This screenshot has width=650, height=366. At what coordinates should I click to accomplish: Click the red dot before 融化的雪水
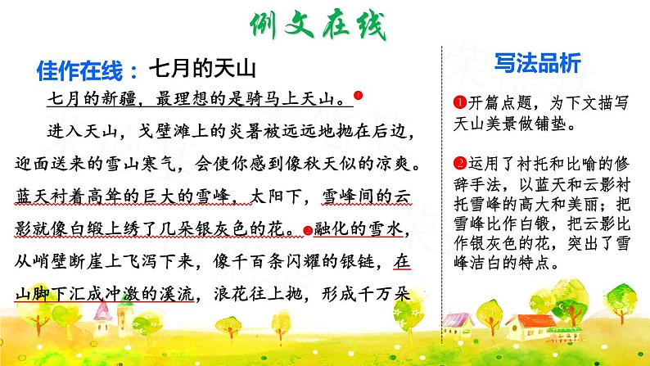click(308, 230)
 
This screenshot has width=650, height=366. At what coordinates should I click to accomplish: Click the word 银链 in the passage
click(360, 263)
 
